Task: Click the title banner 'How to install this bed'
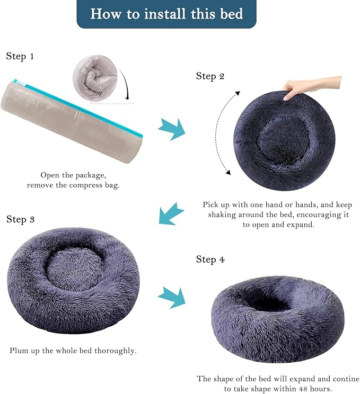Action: click(x=166, y=13)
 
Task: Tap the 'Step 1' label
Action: click(x=20, y=56)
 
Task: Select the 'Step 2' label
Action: click(x=210, y=76)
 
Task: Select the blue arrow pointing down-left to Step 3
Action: click(x=171, y=214)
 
